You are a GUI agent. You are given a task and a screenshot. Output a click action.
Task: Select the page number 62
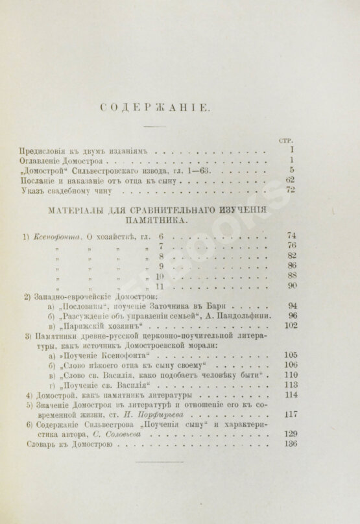(x=289, y=180)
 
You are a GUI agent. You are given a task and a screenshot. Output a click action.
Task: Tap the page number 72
(x=289, y=191)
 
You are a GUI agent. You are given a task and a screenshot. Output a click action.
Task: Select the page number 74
(x=290, y=238)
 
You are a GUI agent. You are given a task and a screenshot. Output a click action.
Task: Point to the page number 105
(x=288, y=355)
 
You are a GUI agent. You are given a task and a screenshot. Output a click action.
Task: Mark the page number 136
(x=288, y=444)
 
